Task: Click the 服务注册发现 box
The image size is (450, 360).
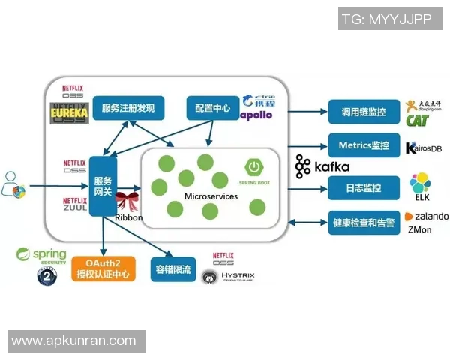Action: [128, 109]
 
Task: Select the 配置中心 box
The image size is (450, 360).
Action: [212, 108]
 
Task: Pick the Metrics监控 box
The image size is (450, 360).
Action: [363, 145]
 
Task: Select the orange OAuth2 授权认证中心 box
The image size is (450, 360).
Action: [103, 269]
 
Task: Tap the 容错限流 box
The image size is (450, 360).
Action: [172, 269]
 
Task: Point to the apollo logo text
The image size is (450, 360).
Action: [256, 115]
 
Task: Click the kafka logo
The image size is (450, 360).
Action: [322, 166]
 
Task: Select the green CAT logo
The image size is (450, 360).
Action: [417, 121]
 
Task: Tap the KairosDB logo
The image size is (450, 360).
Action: [424, 148]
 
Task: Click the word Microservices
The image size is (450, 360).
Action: [211, 196]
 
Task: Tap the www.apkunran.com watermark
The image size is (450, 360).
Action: [74, 341]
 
